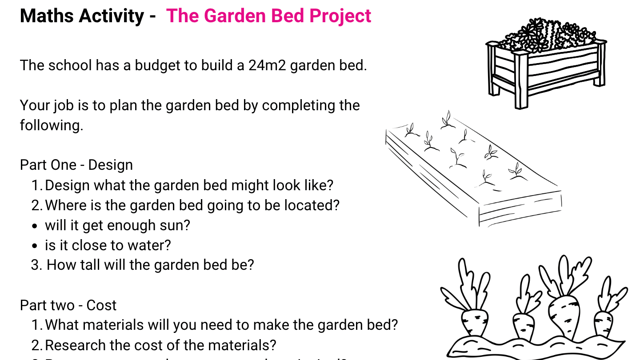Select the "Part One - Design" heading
(76, 165)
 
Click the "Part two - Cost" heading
(68, 305)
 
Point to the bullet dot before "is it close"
(36, 246)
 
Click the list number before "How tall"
(36, 265)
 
